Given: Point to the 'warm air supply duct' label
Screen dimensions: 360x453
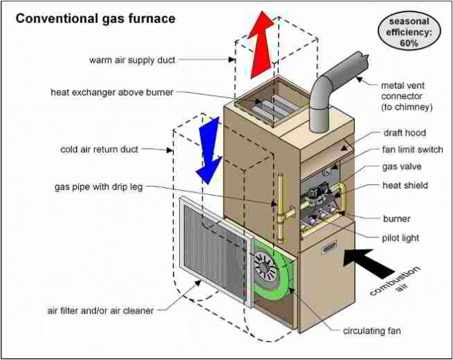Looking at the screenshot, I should pos(132,60).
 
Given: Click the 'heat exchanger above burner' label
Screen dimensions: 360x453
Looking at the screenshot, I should pos(112,92).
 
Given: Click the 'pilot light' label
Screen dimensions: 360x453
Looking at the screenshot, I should pos(401,237).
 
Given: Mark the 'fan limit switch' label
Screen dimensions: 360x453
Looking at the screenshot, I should pos(413,150).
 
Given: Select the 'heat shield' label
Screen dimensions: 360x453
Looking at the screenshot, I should pos(405,185).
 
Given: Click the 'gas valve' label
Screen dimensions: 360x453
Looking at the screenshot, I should pos(401,167).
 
